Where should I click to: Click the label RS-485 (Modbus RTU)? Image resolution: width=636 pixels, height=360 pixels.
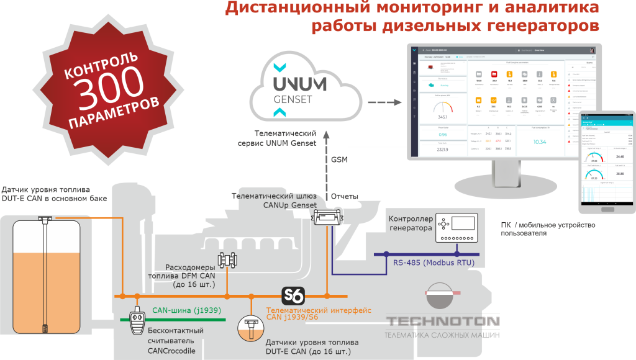pos(434,263)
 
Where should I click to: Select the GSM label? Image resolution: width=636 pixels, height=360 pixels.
pos(339,160)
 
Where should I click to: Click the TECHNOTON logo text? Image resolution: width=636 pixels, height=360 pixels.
pos(443,321)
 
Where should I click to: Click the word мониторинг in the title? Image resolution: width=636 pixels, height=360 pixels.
pos(424,9)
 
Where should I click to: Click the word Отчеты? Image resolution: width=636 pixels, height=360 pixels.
pos(345,196)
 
